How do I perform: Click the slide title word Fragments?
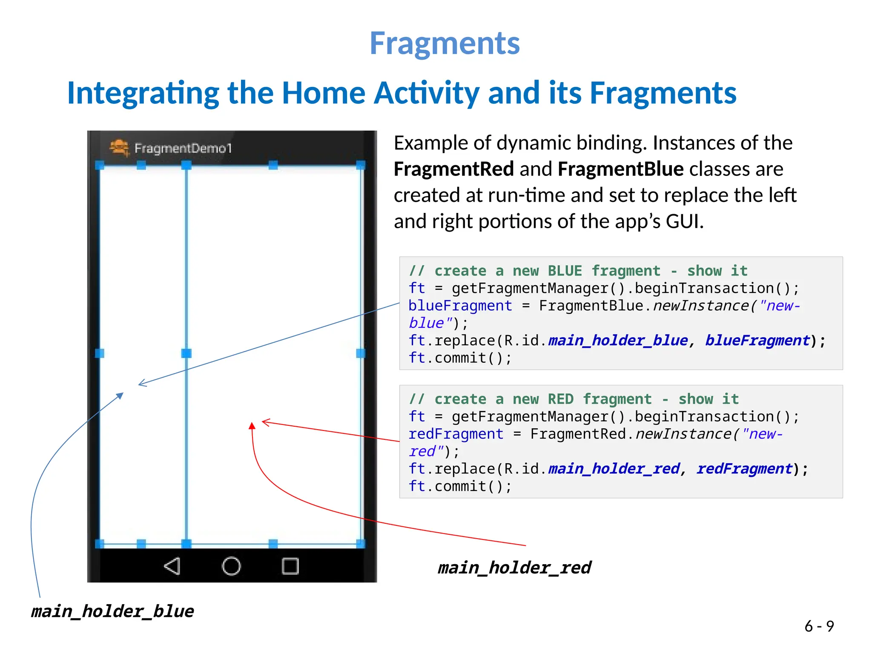coord(445,43)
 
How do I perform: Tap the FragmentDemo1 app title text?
coord(183,148)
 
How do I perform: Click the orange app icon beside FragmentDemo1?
coord(119,148)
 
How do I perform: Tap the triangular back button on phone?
coord(172,566)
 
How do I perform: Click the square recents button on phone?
coord(290,566)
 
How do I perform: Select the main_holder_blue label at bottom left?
coord(112,611)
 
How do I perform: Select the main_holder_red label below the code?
coord(514,568)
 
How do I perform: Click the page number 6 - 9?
coord(819,626)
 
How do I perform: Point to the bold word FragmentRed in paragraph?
coord(453,169)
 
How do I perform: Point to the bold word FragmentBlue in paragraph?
coord(620,169)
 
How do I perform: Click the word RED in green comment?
coord(560,399)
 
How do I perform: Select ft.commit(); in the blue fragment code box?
coord(460,358)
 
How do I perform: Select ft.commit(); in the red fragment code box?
coord(460,486)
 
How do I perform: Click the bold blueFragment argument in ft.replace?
coord(757,341)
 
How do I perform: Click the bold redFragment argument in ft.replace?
coord(744,469)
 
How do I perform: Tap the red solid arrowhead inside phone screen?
coord(252,426)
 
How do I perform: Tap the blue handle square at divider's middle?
coord(186,353)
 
